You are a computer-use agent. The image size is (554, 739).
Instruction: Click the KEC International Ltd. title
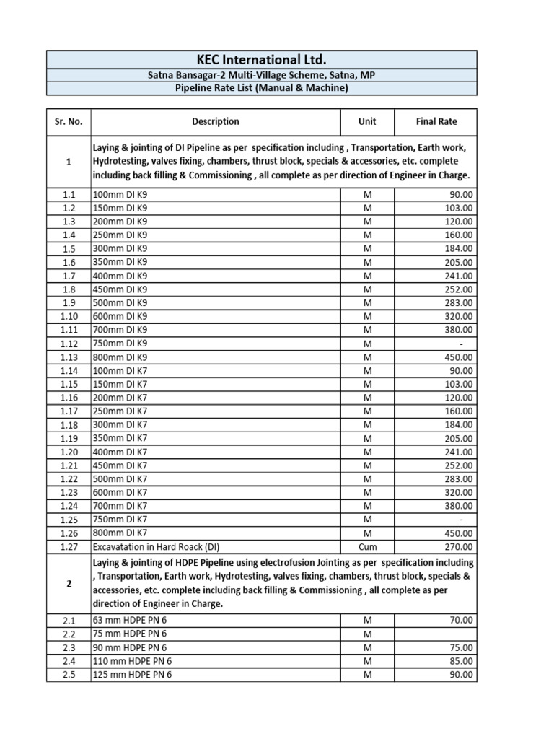click(261, 59)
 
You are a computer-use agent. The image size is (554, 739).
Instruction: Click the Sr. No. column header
click(69, 121)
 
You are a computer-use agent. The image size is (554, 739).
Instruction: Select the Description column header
click(216, 121)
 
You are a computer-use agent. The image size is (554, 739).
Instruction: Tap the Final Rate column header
click(436, 121)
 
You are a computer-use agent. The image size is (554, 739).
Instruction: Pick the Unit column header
click(367, 121)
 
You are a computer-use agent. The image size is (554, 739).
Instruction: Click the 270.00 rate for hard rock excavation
click(459, 546)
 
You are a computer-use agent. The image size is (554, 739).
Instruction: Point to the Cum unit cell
click(367, 546)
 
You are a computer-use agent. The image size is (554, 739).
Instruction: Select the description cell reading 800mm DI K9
click(120, 357)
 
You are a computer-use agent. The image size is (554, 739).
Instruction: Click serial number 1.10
click(69, 316)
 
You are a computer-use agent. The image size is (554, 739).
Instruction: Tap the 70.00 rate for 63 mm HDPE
click(460, 620)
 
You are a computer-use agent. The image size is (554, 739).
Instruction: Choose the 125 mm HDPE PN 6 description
click(133, 675)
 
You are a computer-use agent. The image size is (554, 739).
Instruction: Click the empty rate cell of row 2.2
click(436, 634)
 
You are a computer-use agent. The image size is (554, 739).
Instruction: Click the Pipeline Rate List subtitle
click(261, 88)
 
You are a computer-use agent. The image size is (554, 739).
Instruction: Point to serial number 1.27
click(69, 546)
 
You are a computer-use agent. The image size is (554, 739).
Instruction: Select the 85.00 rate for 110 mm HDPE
click(460, 661)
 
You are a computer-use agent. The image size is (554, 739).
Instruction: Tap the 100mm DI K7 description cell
click(120, 370)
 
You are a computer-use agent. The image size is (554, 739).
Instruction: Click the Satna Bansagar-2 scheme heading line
click(261, 76)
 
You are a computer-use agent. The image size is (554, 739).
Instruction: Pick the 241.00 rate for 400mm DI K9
click(459, 276)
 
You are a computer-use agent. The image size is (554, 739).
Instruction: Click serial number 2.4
click(69, 661)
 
